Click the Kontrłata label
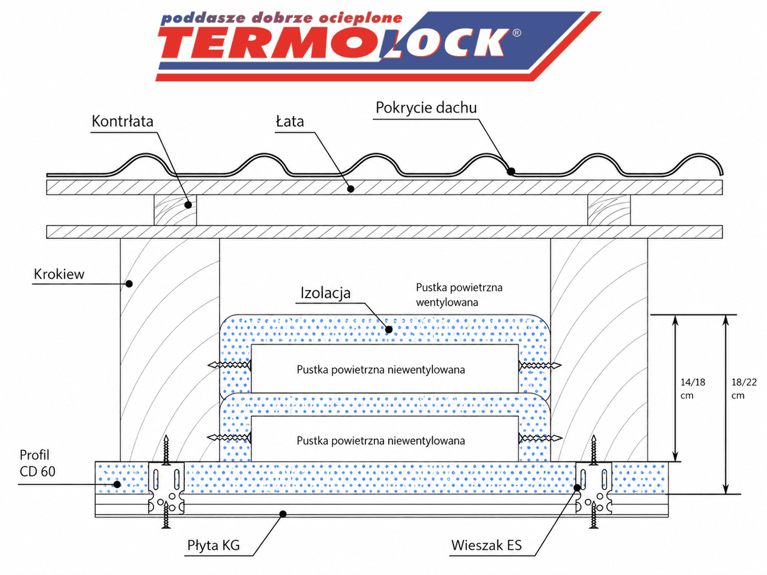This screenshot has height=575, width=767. (122, 121)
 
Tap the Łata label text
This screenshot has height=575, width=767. (290, 121)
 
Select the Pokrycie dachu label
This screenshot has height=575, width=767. (426, 107)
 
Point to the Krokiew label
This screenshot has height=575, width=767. (59, 275)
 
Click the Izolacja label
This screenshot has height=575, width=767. (325, 293)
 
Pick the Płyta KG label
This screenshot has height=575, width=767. (213, 545)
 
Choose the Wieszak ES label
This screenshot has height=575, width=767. (486, 545)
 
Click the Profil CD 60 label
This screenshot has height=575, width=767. (37, 463)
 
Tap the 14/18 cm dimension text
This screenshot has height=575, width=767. (693, 389)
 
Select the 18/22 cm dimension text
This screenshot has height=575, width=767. (744, 389)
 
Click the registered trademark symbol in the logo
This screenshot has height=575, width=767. (516, 33)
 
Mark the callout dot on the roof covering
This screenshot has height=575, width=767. (511, 171)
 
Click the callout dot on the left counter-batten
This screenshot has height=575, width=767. (188, 205)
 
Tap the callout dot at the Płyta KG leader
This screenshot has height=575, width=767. (283, 514)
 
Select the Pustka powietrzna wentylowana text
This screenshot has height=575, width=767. (459, 295)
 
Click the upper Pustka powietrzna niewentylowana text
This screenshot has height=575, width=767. (381, 370)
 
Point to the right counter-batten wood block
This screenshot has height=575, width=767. (609, 210)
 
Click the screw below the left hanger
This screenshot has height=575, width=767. (166, 514)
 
